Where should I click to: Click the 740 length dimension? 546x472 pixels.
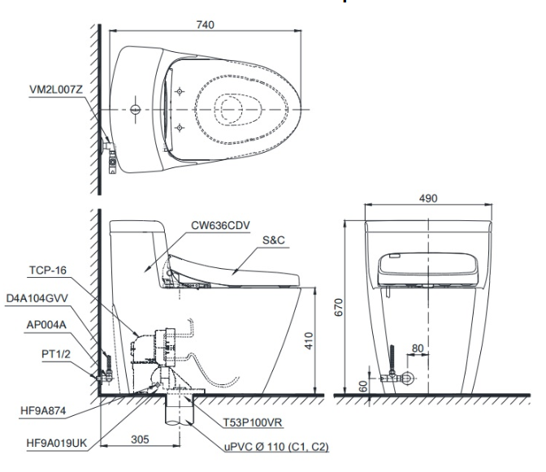pos(205,26)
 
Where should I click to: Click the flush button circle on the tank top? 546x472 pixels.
pos(135,108)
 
